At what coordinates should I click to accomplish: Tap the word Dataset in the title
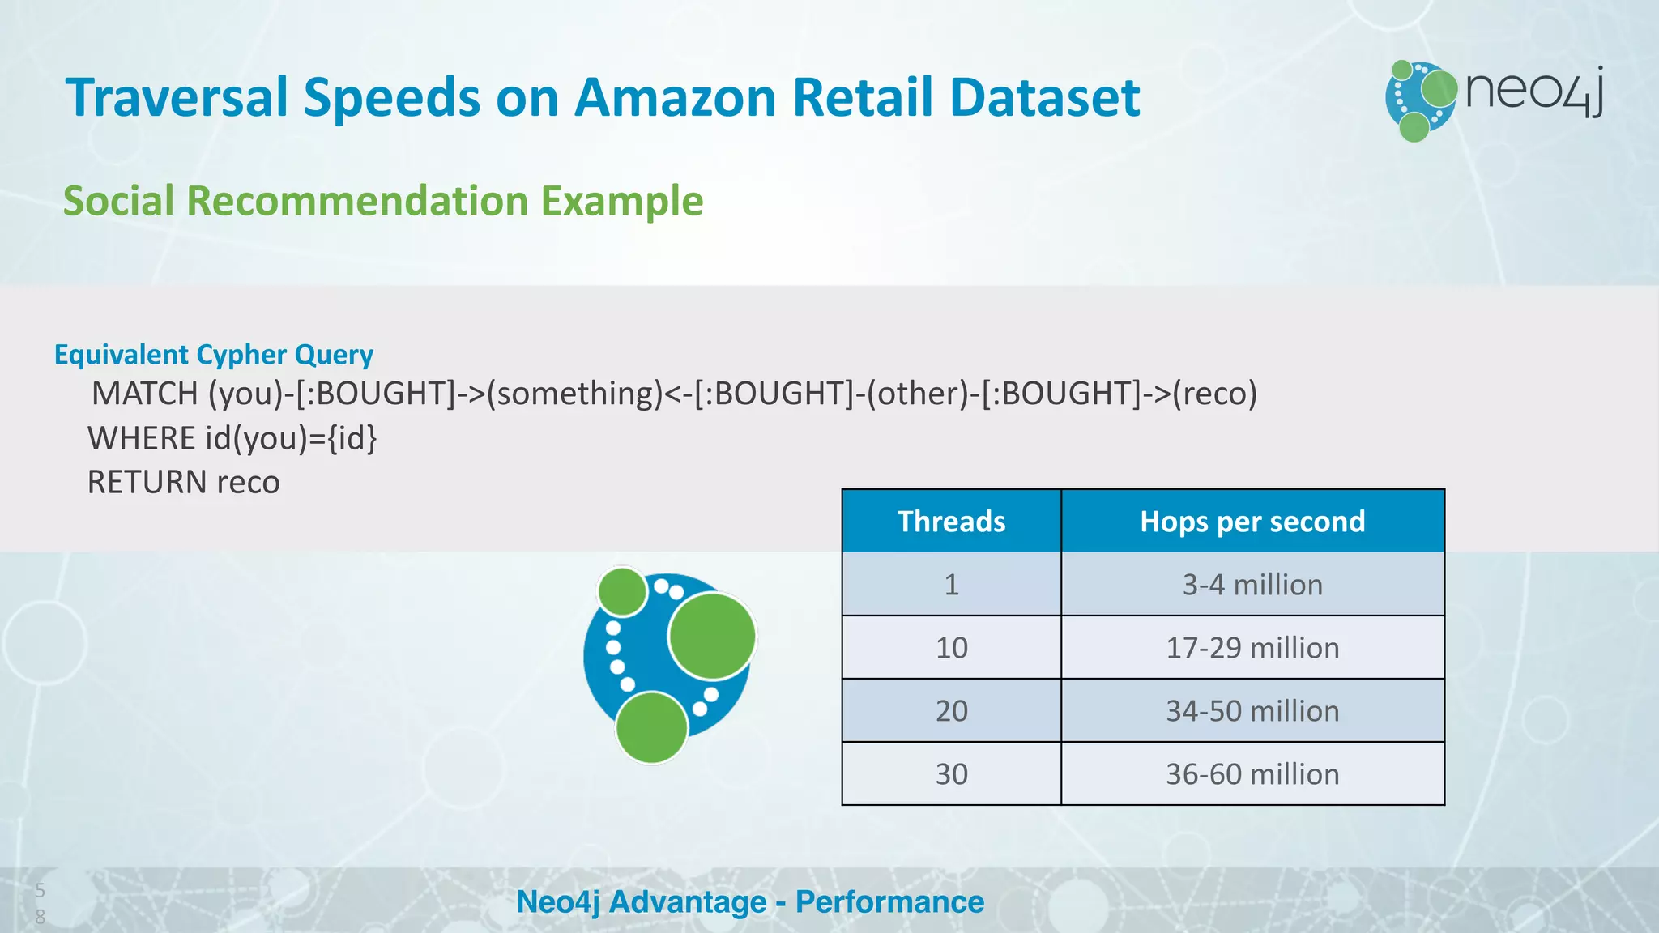click(x=1044, y=98)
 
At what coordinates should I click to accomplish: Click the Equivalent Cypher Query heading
click(x=214, y=355)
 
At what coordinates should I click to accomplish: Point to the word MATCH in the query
click(x=145, y=394)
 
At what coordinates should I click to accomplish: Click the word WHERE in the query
click(x=141, y=438)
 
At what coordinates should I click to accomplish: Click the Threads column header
click(x=951, y=522)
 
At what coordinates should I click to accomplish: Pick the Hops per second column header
click(x=1252, y=522)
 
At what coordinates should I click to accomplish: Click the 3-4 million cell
click(x=1252, y=585)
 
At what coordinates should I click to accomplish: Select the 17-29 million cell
click(x=1252, y=648)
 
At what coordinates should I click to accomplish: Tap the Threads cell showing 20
click(x=951, y=711)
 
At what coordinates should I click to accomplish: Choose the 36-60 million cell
click(x=1252, y=774)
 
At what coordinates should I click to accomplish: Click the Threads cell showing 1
click(x=951, y=585)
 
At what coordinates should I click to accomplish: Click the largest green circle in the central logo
click(x=712, y=636)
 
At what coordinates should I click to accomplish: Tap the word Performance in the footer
click(x=889, y=902)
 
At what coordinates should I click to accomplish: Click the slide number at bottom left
click(x=40, y=903)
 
